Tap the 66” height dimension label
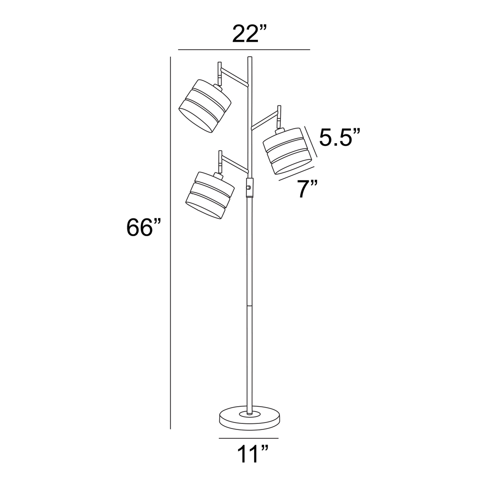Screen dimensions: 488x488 [144, 228]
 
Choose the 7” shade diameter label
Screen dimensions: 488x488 [308, 189]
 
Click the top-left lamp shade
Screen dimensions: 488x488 [204, 106]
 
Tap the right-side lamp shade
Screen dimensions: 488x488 [287, 151]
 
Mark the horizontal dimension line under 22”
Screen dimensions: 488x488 [244, 49]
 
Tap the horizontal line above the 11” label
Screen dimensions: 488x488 [249, 438]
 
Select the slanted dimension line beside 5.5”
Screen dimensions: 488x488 [310, 141]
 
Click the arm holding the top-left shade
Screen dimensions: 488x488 [234, 77]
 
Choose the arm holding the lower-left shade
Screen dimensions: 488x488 [235, 165]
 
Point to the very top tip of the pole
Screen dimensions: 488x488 [250, 58]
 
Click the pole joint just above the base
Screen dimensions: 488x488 [249, 307]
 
